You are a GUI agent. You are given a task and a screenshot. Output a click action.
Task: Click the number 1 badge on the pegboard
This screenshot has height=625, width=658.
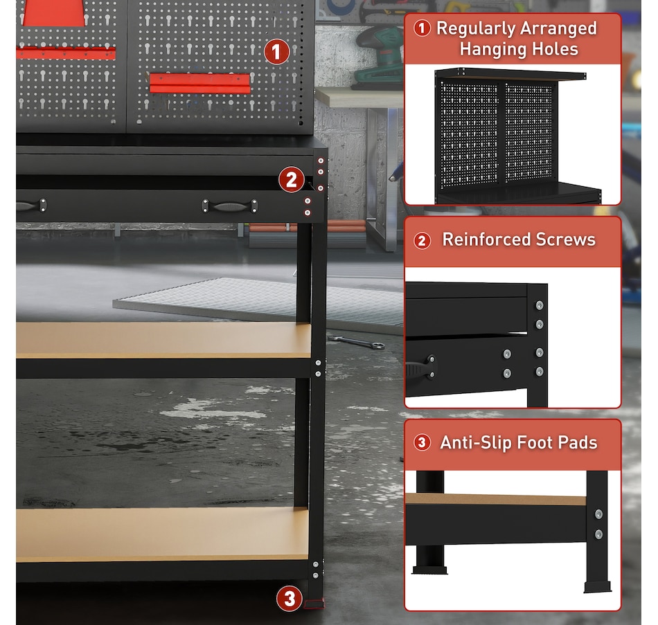(276, 52)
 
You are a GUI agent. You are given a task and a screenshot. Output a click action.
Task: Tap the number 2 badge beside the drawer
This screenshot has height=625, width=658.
(291, 180)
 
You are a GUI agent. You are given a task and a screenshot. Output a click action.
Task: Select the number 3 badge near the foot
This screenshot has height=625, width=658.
(289, 599)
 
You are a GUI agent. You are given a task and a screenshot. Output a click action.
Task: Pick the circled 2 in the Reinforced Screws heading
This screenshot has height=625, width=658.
(423, 240)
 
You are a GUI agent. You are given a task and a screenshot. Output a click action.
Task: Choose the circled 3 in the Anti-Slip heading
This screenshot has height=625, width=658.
(423, 442)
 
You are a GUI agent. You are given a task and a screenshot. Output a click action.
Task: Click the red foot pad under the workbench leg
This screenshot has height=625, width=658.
(314, 604)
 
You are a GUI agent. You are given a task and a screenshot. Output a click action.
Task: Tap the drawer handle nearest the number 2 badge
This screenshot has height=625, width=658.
(229, 206)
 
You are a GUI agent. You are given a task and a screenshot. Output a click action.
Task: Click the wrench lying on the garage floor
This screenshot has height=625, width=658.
(356, 342)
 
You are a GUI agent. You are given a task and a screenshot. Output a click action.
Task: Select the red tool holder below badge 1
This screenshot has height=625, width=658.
(199, 82)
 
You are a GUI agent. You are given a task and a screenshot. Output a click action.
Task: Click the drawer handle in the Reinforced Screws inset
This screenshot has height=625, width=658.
(421, 368)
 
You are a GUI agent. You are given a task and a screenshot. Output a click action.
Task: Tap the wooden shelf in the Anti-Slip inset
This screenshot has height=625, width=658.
(496, 499)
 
